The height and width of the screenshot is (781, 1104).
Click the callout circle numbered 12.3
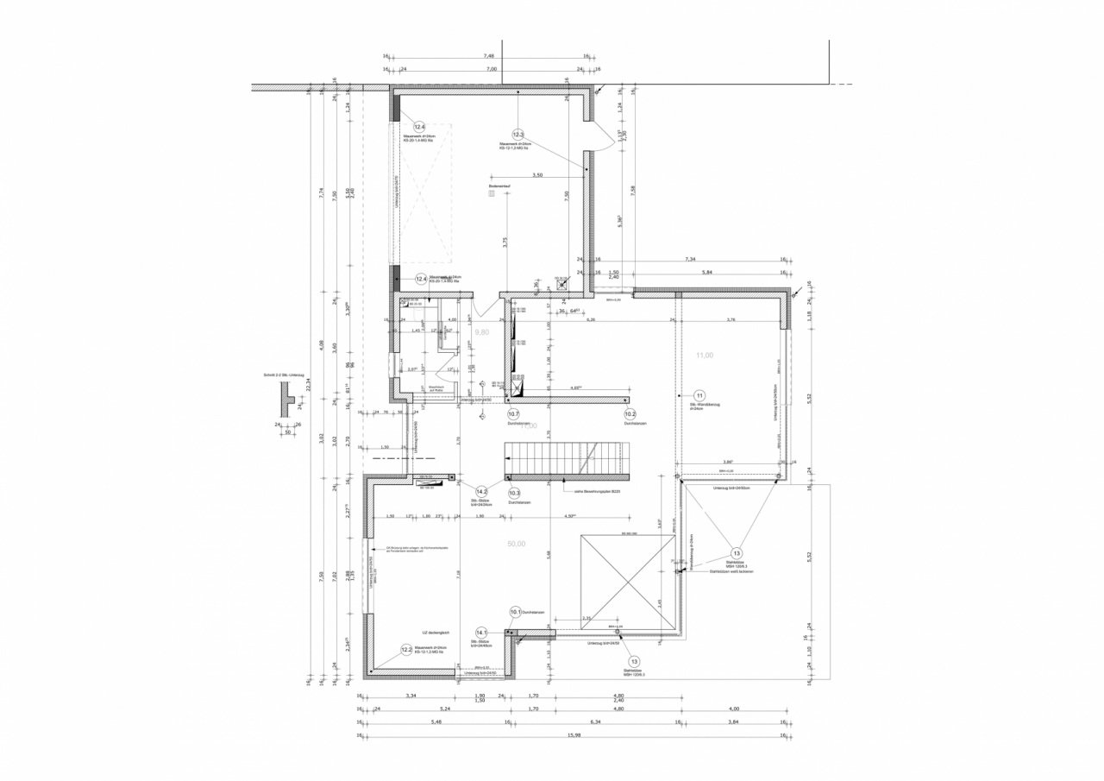(517, 134)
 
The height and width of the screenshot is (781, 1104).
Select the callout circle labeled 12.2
(407, 650)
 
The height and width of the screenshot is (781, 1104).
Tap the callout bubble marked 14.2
(482, 490)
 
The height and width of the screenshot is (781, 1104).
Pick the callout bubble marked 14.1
(482, 633)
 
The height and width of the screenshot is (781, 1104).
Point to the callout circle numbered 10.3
(514, 493)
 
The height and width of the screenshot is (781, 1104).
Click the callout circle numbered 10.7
(513, 414)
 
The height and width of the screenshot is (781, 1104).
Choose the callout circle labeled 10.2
(630, 414)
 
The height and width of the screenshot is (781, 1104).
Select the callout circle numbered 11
(699, 395)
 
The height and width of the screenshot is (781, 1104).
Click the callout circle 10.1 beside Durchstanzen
(516, 613)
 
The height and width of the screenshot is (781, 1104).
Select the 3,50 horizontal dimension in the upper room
(537, 175)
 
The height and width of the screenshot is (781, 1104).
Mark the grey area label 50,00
(516, 544)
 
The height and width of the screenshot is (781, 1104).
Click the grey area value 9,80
(481, 332)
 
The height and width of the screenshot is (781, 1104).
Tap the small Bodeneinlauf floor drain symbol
(492, 195)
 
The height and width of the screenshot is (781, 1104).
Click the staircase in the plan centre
(568, 460)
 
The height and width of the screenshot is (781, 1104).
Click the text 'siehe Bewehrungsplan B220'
(597, 492)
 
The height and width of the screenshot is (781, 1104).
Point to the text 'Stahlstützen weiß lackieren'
(733, 572)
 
